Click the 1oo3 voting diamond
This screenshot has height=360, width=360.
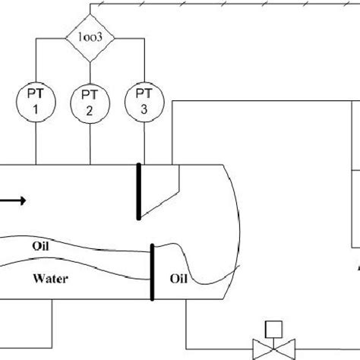[x=90, y=36]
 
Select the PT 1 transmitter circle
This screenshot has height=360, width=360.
[x=35, y=99]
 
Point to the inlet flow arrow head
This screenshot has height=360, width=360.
[x=24, y=201]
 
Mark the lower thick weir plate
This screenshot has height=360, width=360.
[x=153, y=271]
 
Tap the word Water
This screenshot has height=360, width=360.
[x=51, y=279]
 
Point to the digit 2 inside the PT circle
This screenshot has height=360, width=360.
[x=90, y=111]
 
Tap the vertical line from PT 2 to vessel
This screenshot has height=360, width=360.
[x=90, y=144]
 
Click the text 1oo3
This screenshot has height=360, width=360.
[x=90, y=36]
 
